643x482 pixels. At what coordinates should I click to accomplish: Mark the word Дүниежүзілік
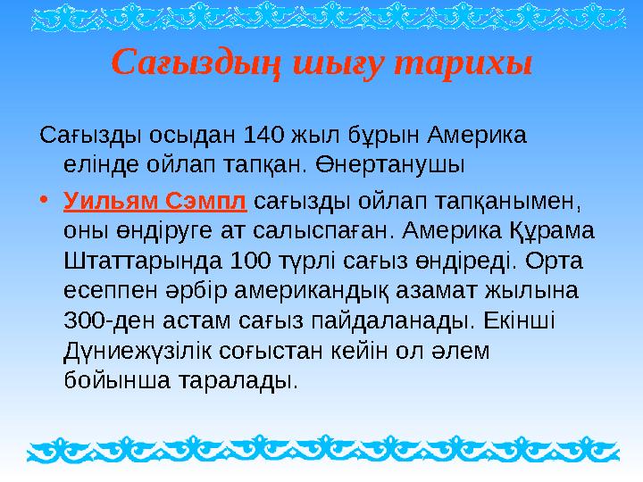pyautogui.click(x=150, y=349)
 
